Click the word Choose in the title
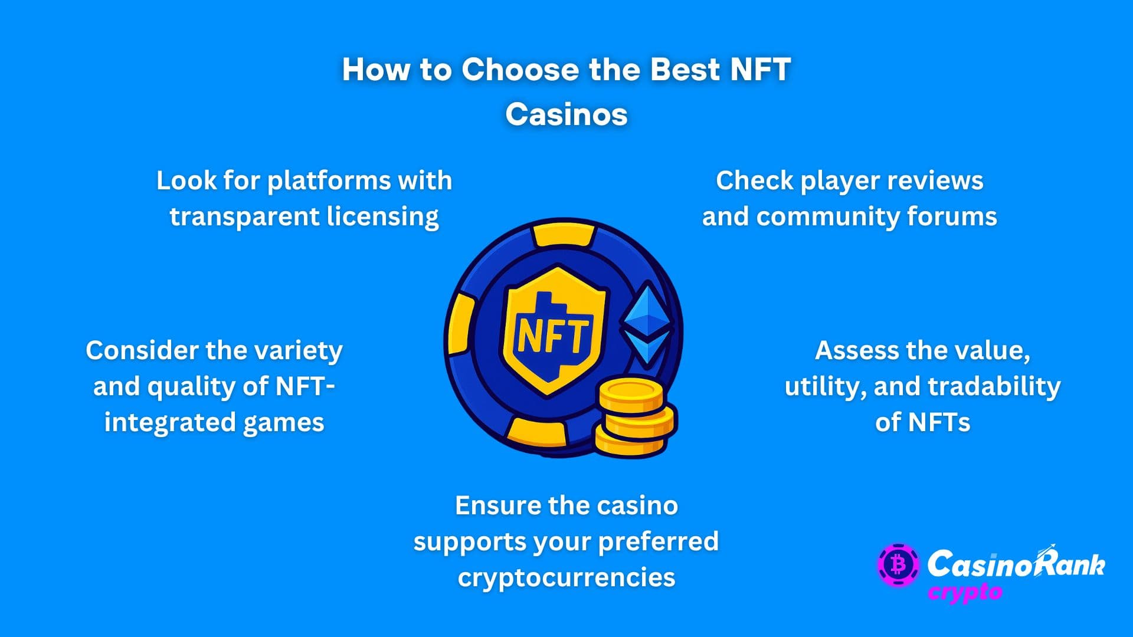[x=520, y=70]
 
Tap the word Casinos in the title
[x=566, y=114]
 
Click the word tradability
[x=994, y=386]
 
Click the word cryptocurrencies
[x=566, y=577]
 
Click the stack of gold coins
[x=635, y=417]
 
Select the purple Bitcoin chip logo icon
[x=898, y=564]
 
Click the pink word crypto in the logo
[x=965, y=592]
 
